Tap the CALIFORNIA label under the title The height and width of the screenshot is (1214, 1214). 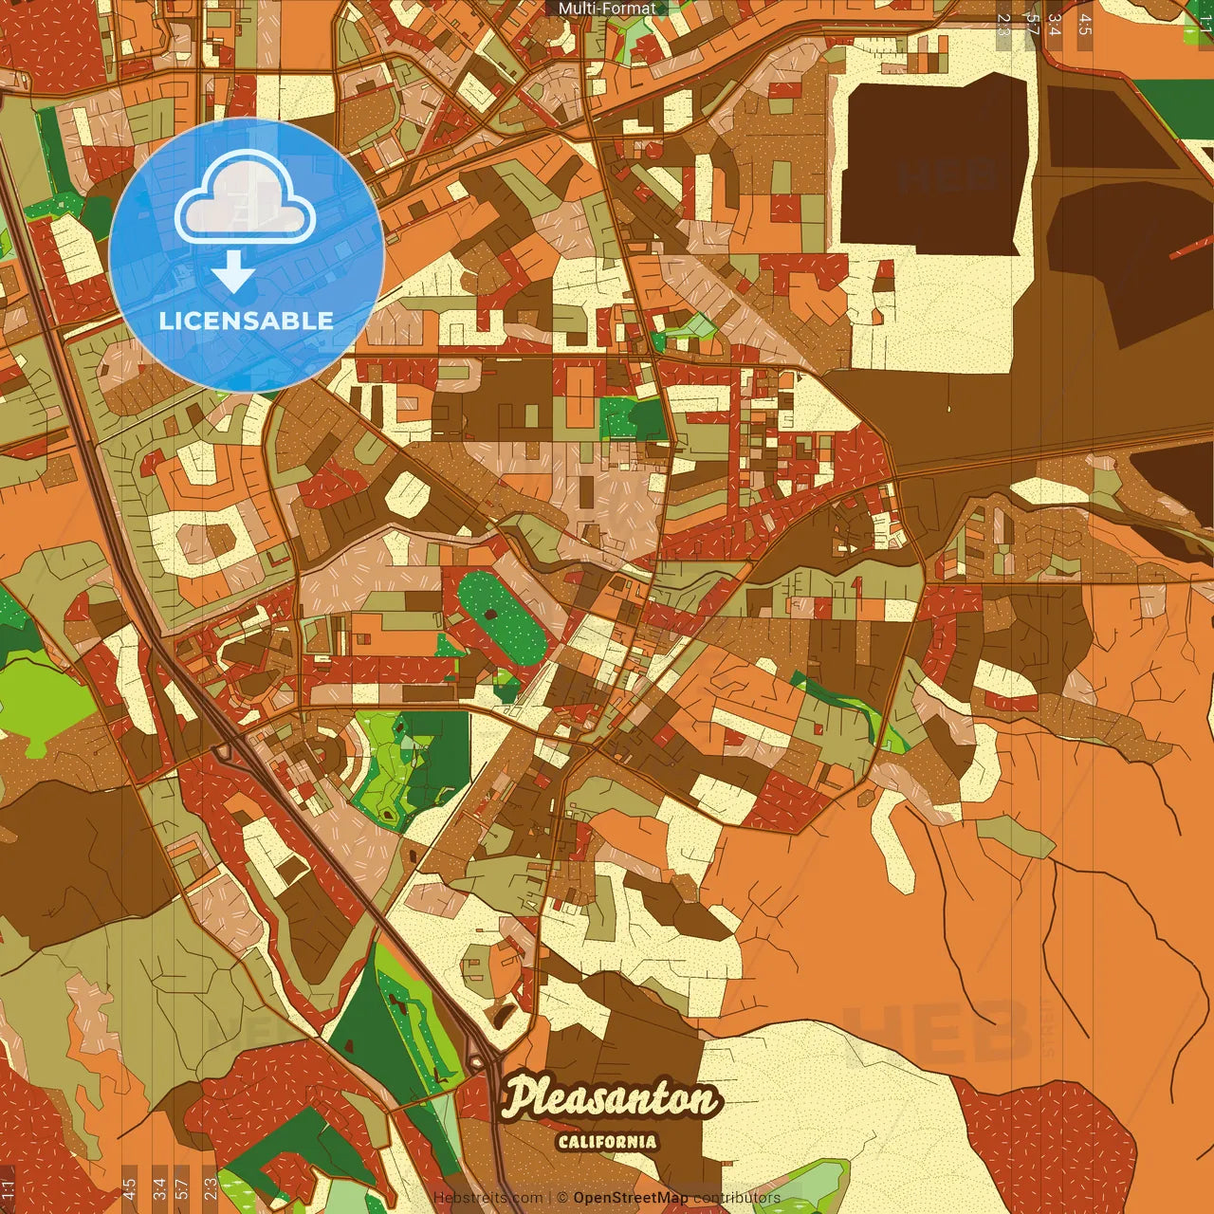607,1142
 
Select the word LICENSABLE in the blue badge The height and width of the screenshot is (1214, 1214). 246,321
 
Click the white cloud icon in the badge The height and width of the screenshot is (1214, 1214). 245,197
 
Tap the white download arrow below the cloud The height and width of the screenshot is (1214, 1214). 232,272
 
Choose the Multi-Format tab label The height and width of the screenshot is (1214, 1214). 607,9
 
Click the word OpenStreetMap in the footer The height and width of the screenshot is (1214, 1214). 631,1198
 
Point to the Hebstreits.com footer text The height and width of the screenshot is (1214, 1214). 488,1198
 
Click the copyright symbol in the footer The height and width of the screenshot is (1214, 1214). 562,1198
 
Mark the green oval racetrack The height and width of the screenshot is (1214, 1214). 502,617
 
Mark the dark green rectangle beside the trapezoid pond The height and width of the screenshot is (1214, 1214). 1173,95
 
